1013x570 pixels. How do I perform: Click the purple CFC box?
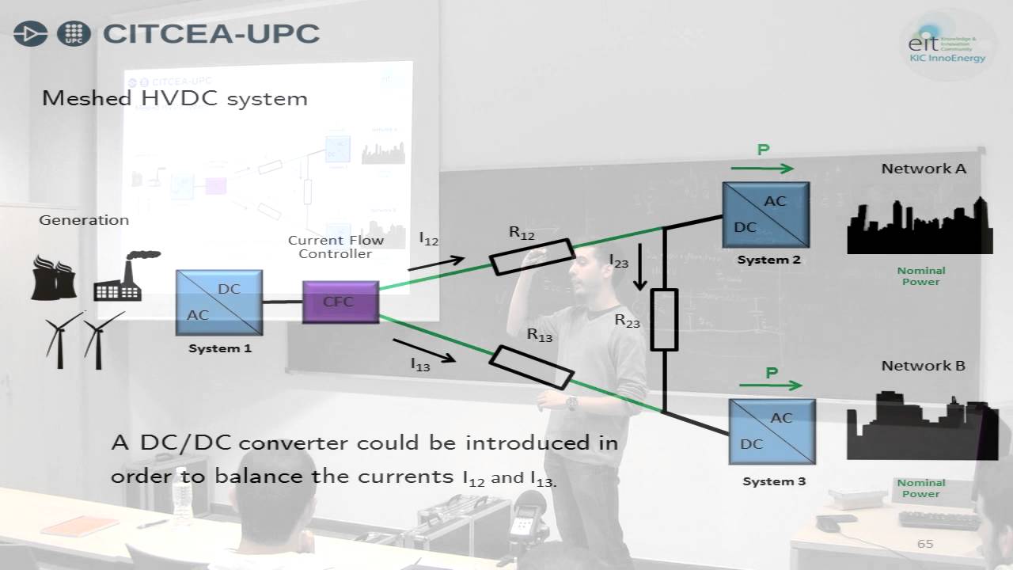(x=340, y=302)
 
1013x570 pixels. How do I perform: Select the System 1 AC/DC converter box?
(x=219, y=302)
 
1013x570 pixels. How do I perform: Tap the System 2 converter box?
(x=765, y=215)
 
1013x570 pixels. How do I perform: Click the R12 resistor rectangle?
(x=533, y=256)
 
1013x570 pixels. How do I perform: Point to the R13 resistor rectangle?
(x=531, y=367)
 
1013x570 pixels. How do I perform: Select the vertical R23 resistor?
(x=664, y=320)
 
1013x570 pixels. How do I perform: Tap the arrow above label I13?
(x=423, y=351)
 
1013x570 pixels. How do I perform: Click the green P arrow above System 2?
(x=762, y=168)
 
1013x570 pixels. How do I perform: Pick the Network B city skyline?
(x=920, y=427)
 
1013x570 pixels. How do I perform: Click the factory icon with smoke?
(x=122, y=276)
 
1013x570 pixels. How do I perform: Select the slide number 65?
(x=925, y=544)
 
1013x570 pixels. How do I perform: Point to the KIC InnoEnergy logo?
(x=947, y=45)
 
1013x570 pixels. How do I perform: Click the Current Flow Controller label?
(x=336, y=247)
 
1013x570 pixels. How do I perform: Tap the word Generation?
(x=84, y=220)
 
